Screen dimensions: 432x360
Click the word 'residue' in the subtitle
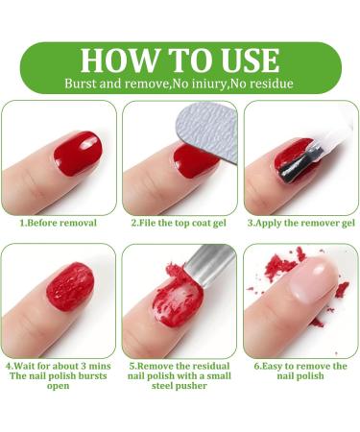272,84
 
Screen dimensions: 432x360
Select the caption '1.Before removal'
59,223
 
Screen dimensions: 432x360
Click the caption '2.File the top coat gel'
180,223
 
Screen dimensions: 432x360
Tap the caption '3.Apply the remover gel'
300,223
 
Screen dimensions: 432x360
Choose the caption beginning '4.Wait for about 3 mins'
59,366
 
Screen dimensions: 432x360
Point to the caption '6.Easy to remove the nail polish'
300,372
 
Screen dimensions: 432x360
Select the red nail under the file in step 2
196,159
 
